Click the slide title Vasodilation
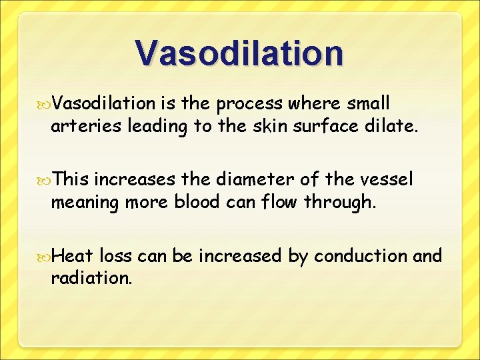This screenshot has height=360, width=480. pyautogui.click(x=239, y=53)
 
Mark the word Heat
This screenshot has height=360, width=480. pyautogui.click(x=73, y=255)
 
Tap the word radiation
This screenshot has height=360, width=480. pyautogui.click(x=91, y=277)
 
